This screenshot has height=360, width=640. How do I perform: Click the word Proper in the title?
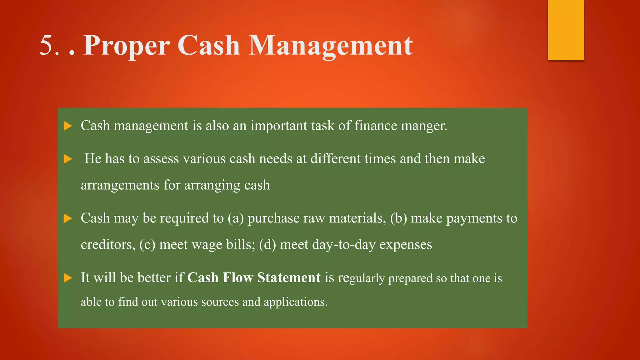pos(126,46)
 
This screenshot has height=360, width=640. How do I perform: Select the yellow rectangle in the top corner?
pos(566,30)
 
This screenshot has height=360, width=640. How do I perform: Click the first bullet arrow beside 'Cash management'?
pos(68,126)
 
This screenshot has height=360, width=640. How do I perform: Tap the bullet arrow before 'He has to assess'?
pos(68,159)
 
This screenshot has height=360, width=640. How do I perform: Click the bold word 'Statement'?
pos(289,277)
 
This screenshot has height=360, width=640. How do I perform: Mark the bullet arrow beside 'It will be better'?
pos(68,278)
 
